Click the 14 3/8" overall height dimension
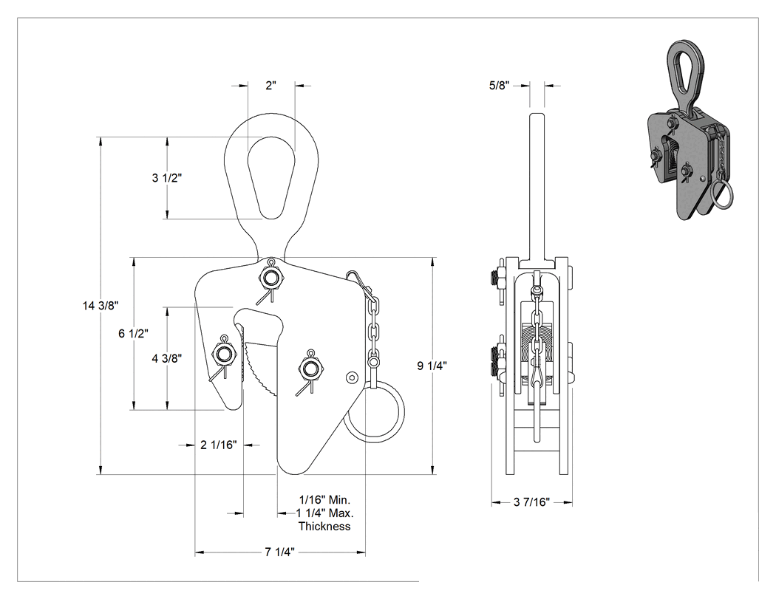pos(101,306)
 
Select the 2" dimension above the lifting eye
pos(270,85)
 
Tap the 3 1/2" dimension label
pos(167,177)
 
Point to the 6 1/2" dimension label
pos(133,333)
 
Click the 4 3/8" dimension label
pos(167,358)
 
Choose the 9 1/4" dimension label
pos(432,366)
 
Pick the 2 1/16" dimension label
pos(218,445)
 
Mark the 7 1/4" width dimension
pos(279,552)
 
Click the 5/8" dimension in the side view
pos(499,85)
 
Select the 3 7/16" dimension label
pos(531,502)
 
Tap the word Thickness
pos(324,527)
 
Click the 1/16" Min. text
pos(324,499)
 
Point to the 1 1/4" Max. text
pos(324,513)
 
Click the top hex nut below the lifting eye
pos(270,278)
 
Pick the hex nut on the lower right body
pos(310,369)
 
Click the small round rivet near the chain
pos(352,377)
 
